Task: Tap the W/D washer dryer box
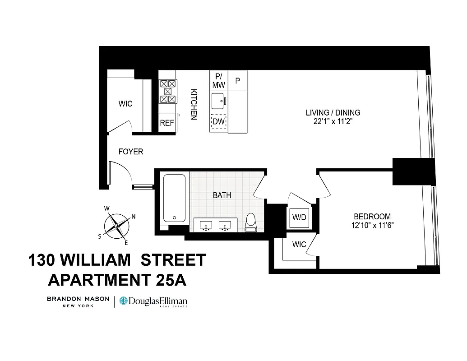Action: tap(299, 218)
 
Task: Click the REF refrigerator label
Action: tap(167, 123)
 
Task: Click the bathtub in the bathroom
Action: tap(174, 199)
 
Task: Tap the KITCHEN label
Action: tap(194, 103)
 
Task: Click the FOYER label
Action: tap(131, 152)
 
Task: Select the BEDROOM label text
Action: tap(372, 216)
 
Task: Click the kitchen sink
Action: tap(218, 100)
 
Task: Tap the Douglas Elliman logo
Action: tap(153, 301)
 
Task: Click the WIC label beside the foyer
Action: tap(125, 104)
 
